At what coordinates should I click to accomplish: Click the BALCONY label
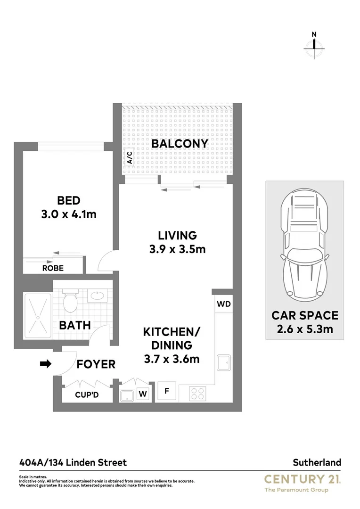pyautogui.click(x=180, y=144)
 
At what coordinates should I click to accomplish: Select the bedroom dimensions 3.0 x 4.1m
pyautogui.click(x=69, y=214)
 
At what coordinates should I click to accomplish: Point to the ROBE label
pyautogui.click(x=53, y=268)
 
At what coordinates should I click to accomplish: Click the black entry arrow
pyautogui.click(x=46, y=364)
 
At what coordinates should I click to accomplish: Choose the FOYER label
pyautogui.click(x=96, y=364)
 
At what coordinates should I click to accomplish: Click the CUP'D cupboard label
pyautogui.click(x=87, y=395)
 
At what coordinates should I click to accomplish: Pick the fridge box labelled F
pyautogui.click(x=166, y=391)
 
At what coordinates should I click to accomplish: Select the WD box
pyautogui.click(x=224, y=304)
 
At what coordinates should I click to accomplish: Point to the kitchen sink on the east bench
pyautogui.click(x=223, y=364)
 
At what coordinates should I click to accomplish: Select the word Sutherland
pyautogui.click(x=318, y=463)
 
